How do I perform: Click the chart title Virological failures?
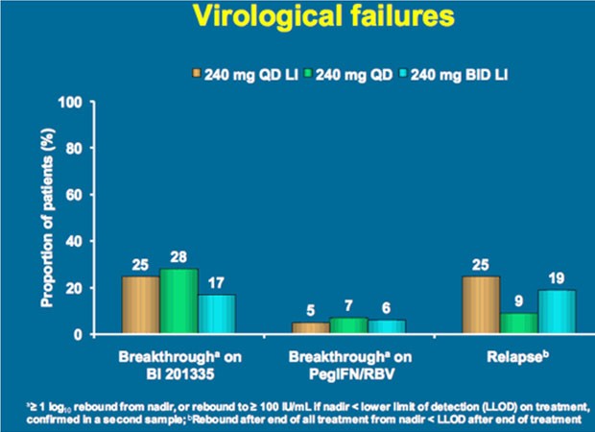coord(323,16)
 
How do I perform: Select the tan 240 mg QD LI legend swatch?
coord(196,73)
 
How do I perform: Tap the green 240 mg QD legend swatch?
coord(308,73)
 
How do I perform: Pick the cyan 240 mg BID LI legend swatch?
coord(402,73)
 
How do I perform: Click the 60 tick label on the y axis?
coord(74,195)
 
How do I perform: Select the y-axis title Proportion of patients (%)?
coord(48,218)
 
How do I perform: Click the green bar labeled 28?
coord(178,301)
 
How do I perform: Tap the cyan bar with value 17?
coord(216,314)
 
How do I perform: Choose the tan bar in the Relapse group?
coord(481,305)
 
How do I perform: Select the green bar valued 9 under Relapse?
coord(519,324)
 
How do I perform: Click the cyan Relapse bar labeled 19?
coord(557,312)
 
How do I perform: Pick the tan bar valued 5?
coord(311,328)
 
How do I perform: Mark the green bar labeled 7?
coord(348,325)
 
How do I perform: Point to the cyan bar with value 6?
coord(387,326)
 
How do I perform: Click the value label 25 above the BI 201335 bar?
coord(140,265)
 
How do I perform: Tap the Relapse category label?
coord(517,356)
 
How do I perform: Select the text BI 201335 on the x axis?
coord(179,374)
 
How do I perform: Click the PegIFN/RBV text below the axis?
coord(351,374)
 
